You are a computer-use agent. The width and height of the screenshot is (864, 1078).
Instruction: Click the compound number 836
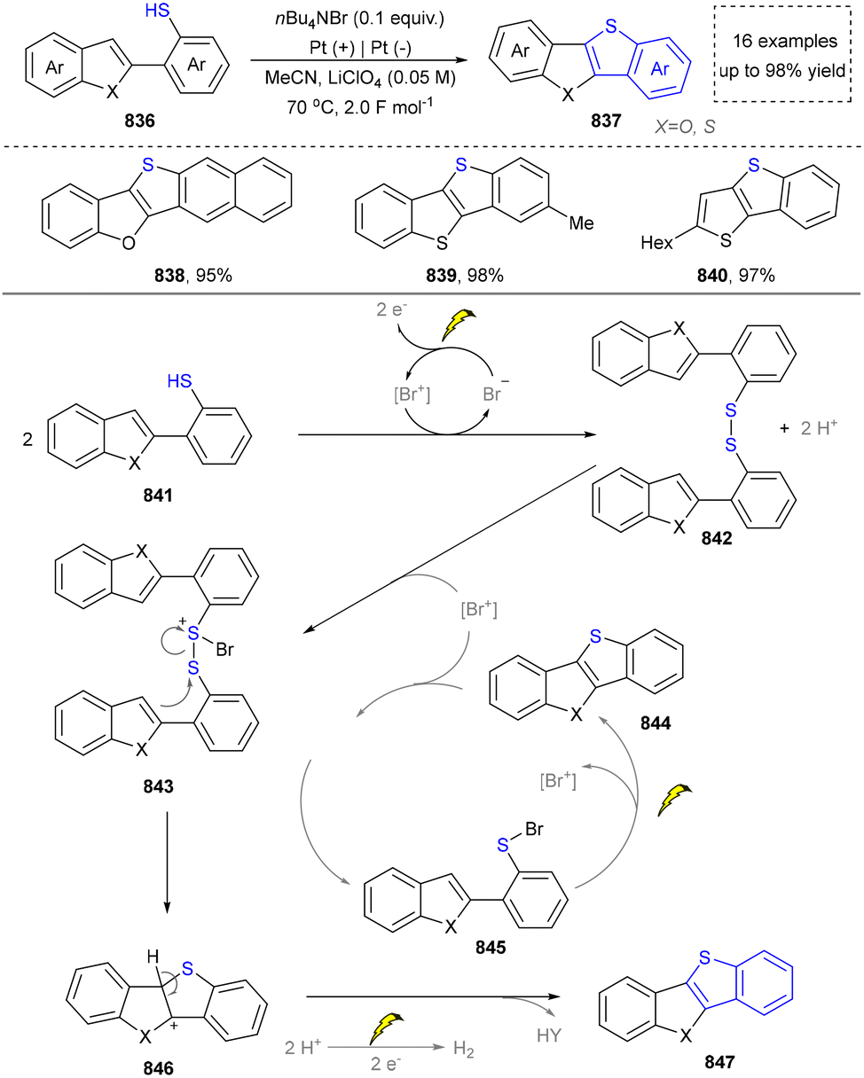coord(139,121)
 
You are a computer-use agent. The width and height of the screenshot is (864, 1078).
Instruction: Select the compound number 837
coord(606,121)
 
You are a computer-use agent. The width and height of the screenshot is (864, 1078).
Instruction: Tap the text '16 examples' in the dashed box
coord(785,41)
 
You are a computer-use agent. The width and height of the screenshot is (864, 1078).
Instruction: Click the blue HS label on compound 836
coord(157,11)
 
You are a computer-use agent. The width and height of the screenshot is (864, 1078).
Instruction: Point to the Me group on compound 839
coord(581,223)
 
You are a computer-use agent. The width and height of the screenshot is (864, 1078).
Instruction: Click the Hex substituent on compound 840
coord(656,243)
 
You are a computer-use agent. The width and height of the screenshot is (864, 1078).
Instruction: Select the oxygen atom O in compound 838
coord(129,243)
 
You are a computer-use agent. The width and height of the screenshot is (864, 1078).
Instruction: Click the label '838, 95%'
coord(193,275)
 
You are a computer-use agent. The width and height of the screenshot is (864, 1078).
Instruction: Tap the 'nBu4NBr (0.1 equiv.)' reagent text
coord(360,19)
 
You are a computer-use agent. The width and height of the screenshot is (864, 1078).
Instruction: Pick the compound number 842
coord(717,538)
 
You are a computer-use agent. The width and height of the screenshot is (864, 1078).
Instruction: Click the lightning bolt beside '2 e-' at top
coord(458,324)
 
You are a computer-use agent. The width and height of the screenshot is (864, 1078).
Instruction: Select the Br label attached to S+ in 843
coord(224,650)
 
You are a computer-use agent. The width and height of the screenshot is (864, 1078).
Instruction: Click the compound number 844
coord(656,723)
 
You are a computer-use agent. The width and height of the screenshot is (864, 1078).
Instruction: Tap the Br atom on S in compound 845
coord(534,829)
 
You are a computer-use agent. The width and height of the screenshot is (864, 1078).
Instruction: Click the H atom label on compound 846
coord(153,957)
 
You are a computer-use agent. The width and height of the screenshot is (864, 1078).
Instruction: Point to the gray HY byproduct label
coord(549,1035)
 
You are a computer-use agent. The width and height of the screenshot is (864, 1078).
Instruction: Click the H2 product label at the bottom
coord(464,1049)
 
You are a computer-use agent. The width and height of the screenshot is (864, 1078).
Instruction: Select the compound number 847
coord(719,1061)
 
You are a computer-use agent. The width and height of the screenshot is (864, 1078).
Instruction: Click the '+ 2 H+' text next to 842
coord(808,427)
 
